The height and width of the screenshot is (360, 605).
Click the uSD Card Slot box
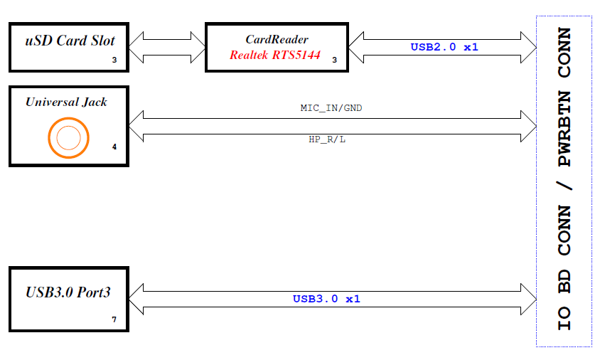[69, 48]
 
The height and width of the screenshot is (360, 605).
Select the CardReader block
[277, 48]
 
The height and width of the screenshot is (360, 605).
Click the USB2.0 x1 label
[444, 47]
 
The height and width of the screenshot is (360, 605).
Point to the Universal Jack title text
[66, 102]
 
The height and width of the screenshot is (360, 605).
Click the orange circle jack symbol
[68, 137]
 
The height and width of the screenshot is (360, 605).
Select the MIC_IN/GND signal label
[332, 108]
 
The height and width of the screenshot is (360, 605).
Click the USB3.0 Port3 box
[69, 299]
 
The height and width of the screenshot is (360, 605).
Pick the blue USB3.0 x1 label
[326, 299]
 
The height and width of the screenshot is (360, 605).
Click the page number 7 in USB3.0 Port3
[114, 319]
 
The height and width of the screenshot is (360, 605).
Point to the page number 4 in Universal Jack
[114, 148]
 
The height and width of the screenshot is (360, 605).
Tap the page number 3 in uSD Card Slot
[114, 60]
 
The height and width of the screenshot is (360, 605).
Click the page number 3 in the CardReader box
[335, 60]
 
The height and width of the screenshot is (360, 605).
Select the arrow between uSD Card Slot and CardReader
[167, 48]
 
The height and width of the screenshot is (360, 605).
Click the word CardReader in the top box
[277, 40]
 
